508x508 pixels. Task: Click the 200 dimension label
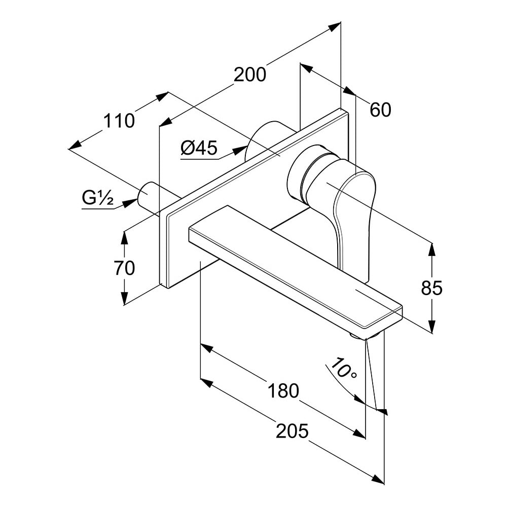click(250, 75)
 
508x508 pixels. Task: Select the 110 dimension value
click(119, 121)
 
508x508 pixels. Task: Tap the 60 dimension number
click(380, 110)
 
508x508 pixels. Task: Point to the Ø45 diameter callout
click(199, 148)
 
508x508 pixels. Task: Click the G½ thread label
click(97, 198)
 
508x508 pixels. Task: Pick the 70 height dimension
click(124, 268)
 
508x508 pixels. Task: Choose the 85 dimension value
click(431, 287)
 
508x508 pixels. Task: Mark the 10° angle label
click(343, 369)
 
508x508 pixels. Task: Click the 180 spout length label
click(283, 390)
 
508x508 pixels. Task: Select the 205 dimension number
click(292, 431)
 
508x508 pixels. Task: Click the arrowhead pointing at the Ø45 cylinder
click(240, 150)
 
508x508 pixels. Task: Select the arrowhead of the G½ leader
click(130, 203)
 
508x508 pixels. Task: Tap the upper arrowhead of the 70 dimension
click(124, 238)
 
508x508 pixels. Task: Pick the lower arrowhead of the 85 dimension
click(431, 325)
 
